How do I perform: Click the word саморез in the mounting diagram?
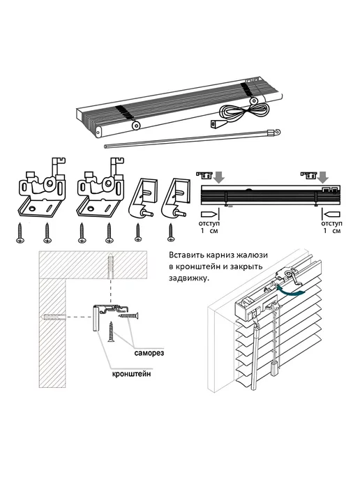coord(149,352)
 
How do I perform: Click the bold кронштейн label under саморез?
coord(132,374)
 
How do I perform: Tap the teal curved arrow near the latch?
coord(291,291)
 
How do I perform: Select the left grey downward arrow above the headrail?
coord(220,177)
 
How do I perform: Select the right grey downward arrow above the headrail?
coord(323,177)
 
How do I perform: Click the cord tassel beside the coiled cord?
coord(216,123)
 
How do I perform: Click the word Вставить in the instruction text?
coord(184,255)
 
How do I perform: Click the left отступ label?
coord(209,223)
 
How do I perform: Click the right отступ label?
coord(331,223)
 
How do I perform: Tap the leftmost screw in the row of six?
coord(20,233)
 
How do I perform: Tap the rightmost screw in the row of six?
coord(170,233)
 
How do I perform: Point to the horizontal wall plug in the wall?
coord(54,317)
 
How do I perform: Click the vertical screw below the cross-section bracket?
coord(111,331)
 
